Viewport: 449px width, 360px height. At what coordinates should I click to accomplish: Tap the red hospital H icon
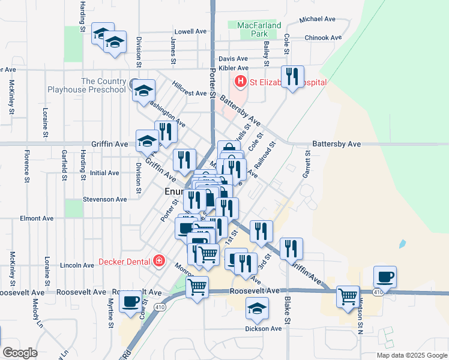(x=241, y=81)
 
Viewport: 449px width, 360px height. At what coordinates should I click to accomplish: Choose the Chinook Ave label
(x=323, y=37)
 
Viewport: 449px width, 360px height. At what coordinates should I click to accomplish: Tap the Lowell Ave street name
(x=190, y=31)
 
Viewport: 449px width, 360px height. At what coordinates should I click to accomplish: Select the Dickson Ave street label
(x=263, y=328)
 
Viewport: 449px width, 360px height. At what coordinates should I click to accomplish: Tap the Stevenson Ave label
(x=104, y=199)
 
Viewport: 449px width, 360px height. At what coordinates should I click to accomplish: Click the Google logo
(x=20, y=352)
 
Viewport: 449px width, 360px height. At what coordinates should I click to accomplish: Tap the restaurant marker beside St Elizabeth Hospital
(x=292, y=76)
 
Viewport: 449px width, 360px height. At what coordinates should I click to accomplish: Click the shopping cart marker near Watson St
(x=348, y=296)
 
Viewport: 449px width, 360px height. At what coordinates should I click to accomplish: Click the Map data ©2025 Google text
(x=412, y=355)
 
